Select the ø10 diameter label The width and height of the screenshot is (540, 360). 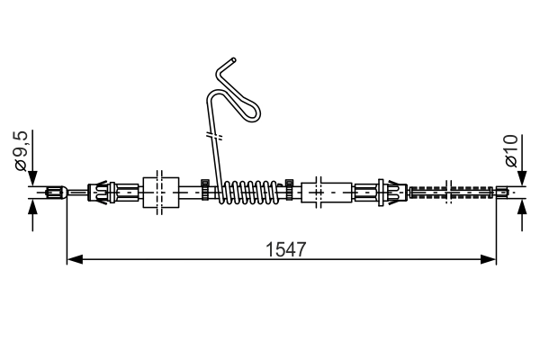512,151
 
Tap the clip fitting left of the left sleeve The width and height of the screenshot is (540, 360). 103,191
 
